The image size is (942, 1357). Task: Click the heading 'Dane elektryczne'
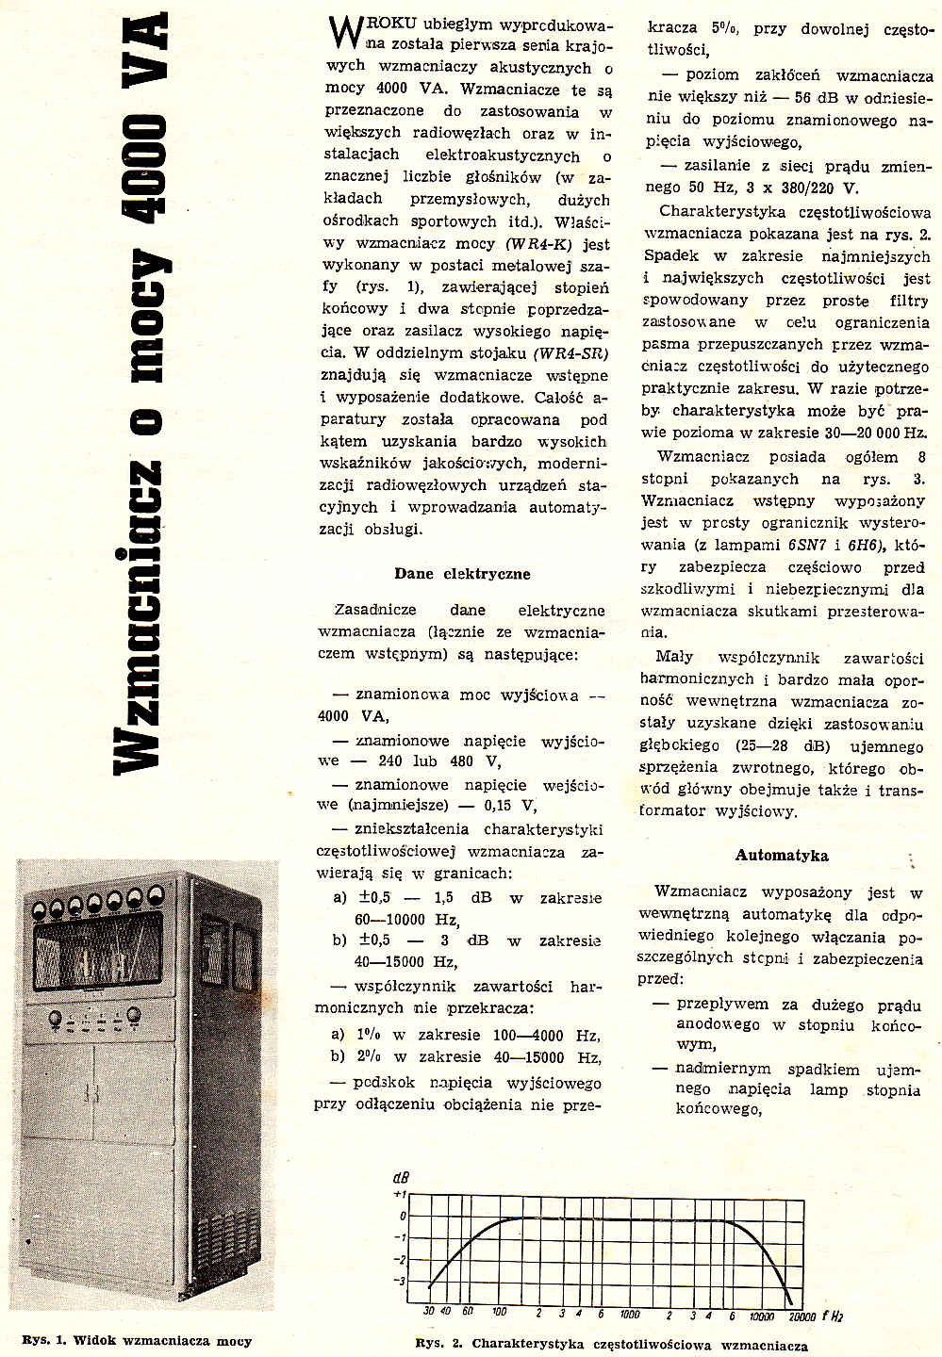click(462, 574)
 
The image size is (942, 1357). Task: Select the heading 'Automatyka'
click(782, 856)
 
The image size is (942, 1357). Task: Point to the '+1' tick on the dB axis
click(398, 1194)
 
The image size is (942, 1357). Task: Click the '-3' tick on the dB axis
click(399, 1281)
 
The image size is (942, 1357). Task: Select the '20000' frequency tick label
click(802, 1315)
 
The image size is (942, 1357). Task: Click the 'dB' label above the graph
click(401, 1178)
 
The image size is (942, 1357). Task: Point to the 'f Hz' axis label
click(833, 1315)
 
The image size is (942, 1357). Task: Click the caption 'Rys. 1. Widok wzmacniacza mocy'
click(137, 1341)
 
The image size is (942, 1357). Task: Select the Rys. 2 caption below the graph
click(611, 1345)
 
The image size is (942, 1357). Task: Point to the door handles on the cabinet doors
click(92, 1094)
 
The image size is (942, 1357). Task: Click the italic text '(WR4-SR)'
click(570, 354)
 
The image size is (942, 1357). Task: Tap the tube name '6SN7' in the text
click(781, 545)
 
